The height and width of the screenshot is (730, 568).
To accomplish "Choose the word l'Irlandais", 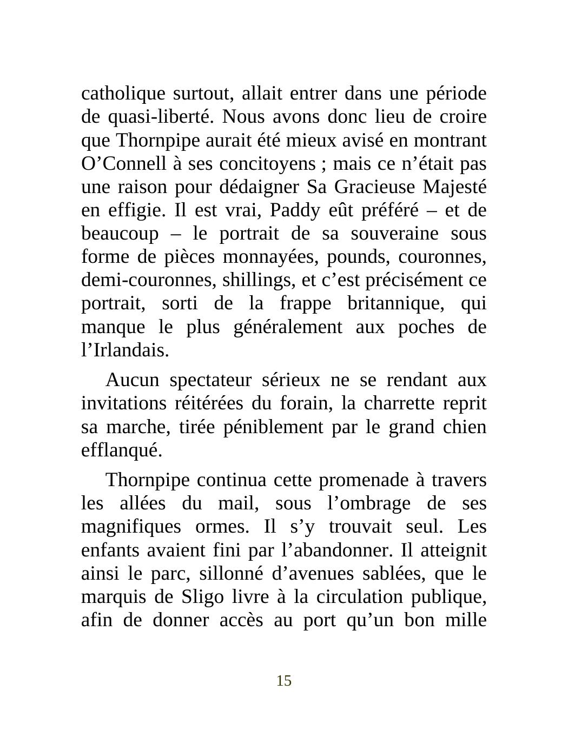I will pyautogui.click(x=125, y=351).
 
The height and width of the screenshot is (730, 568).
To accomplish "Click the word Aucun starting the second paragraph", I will pyautogui.click(x=133, y=381).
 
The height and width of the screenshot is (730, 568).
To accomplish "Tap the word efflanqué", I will pyautogui.click(x=121, y=450).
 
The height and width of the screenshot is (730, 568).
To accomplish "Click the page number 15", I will pyautogui.click(x=284, y=681).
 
